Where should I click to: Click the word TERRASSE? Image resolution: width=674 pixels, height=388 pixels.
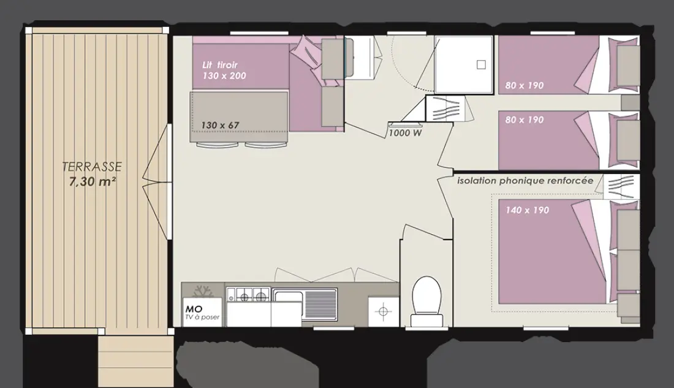point(92,167)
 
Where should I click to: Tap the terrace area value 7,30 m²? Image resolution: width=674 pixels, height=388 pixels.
point(93,181)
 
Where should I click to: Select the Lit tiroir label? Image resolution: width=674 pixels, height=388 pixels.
point(219,65)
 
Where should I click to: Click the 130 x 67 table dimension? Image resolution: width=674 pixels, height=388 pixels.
point(219,125)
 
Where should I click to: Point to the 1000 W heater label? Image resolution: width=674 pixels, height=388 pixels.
point(406,133)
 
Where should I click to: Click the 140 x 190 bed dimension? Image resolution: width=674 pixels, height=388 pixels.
point(527,210)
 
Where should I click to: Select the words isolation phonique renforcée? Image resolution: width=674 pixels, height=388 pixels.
point(525,181)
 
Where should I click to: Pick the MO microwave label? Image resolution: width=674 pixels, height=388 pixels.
point(194,309)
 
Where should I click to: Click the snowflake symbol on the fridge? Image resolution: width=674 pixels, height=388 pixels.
point(203,291)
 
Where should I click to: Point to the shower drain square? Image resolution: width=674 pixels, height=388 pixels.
point(482,64)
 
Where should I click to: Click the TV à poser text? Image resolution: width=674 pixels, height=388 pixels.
point(202,318)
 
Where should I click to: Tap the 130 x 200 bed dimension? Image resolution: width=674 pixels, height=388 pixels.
point(224,76)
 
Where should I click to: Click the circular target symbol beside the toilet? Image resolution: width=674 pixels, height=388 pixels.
point(384,311)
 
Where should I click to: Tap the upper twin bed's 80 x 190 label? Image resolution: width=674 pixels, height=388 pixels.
point(524,86)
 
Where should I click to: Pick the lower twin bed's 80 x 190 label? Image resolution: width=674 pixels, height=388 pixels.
point(524,120)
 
